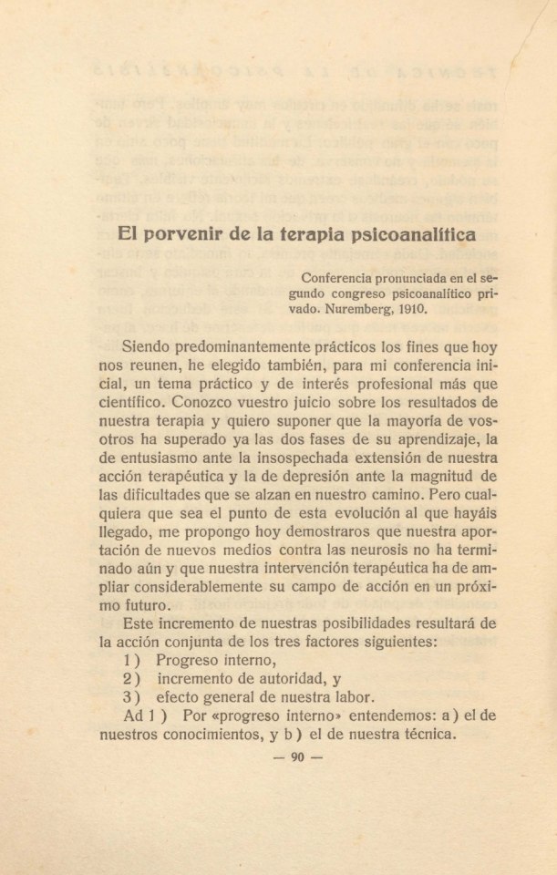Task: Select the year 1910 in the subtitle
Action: click(408, 307)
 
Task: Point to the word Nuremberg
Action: click(355, 307)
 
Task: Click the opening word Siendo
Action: click(148, 346)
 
